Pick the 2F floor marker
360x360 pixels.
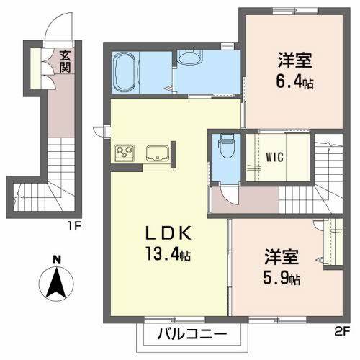[341, 332]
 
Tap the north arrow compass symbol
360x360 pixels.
[56, 284]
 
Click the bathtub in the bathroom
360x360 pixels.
[125, 71]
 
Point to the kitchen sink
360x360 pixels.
[158, 153]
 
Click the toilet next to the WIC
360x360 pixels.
[225, 148]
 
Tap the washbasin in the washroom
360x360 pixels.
[192, 58]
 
